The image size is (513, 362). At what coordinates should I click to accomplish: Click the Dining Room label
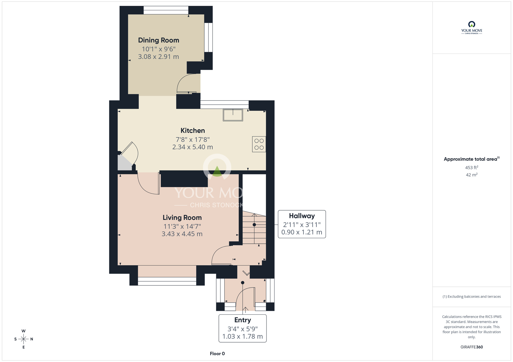(159, 40)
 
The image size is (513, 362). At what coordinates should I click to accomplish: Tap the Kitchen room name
(193, 131)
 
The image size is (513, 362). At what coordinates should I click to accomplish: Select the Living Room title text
(182, 218)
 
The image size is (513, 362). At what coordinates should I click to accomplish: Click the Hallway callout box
(302, 224)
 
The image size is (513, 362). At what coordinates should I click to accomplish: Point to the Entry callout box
(243, 328)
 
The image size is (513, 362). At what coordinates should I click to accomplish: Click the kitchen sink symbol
(233, 115)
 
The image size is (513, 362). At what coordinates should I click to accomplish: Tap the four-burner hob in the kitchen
(259, 144)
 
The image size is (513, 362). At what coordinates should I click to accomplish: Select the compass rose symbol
(24, 339)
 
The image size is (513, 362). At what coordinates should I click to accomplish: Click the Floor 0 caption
(217, 354)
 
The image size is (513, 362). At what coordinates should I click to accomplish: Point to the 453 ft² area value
(472, 167)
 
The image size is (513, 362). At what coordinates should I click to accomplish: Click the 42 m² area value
(472, 175)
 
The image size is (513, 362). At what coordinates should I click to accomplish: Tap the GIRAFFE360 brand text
(472, 347)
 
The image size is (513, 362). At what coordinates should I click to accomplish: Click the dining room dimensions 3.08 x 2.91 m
(159, 57)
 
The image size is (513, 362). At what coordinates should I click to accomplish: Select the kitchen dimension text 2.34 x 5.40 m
(193, 147)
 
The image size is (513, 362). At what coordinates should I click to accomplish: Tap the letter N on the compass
(32, 339)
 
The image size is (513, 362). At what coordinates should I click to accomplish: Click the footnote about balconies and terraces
(472, 296)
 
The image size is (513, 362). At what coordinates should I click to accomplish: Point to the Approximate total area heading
(472, 159)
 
